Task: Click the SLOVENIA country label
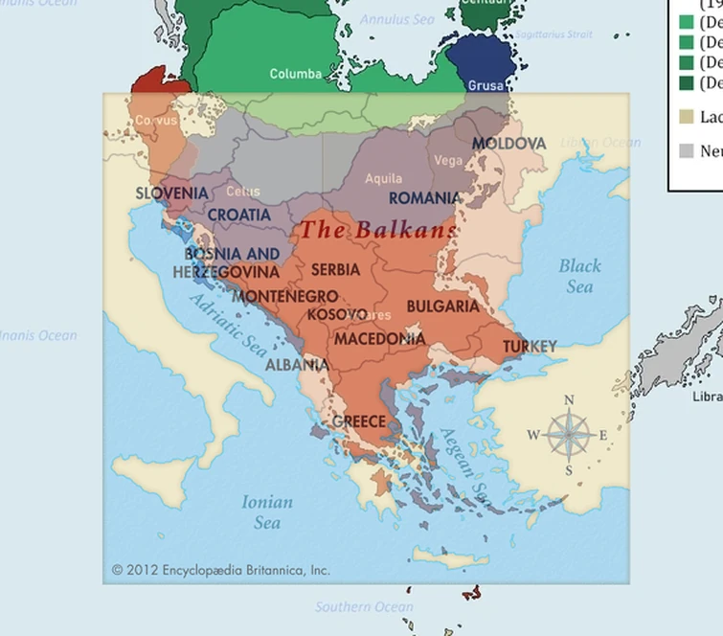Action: point(171,193)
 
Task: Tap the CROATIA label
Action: point(238,216)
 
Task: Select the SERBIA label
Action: point(335,270)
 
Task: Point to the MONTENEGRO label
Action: point(285,296)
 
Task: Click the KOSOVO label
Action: point(335,314)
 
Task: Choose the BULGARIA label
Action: point(442,307)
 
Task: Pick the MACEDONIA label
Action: point(379,339)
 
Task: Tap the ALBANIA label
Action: point(297,365)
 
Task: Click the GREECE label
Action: point(359,421)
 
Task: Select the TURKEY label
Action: point(530,346)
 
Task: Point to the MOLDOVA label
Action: point(508,144)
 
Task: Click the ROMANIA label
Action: point(424,198)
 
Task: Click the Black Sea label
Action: point(579,276)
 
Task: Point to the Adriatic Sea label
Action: point(228,326)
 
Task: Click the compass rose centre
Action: point(569,435)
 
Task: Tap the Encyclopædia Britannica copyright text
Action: point(220,570)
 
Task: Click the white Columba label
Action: point(296,74)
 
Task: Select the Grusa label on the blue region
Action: point(486,86)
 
